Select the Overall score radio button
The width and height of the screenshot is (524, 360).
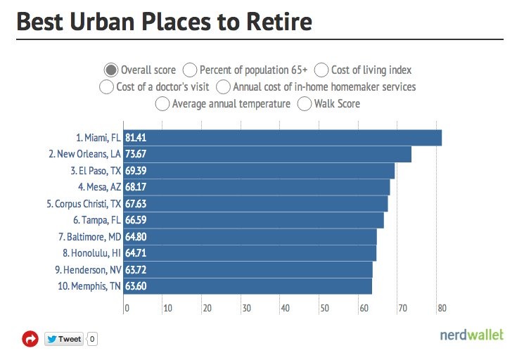[110, 70]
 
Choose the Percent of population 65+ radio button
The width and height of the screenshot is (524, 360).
[189, 70]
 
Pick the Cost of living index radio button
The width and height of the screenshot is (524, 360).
[321, 70]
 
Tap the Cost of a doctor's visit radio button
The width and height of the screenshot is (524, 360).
[106, 87]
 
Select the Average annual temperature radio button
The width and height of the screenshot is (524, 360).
[162, 104]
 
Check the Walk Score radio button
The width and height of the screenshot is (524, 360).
[305, 104]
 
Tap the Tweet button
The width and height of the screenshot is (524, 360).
[65, 339]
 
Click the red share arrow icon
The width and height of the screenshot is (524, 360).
[30, 339]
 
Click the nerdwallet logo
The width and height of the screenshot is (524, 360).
[472, 335]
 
